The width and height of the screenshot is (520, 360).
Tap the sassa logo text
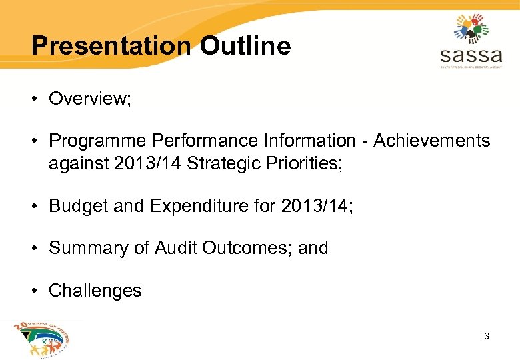click(x=471, y=53)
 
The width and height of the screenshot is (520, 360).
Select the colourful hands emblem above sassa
click(x=471, y=27)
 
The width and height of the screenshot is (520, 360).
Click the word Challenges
click(x=95, y=291)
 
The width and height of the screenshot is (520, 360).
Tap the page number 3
click(x=487, y=336)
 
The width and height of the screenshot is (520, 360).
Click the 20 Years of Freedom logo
click(x=41, y=339)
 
